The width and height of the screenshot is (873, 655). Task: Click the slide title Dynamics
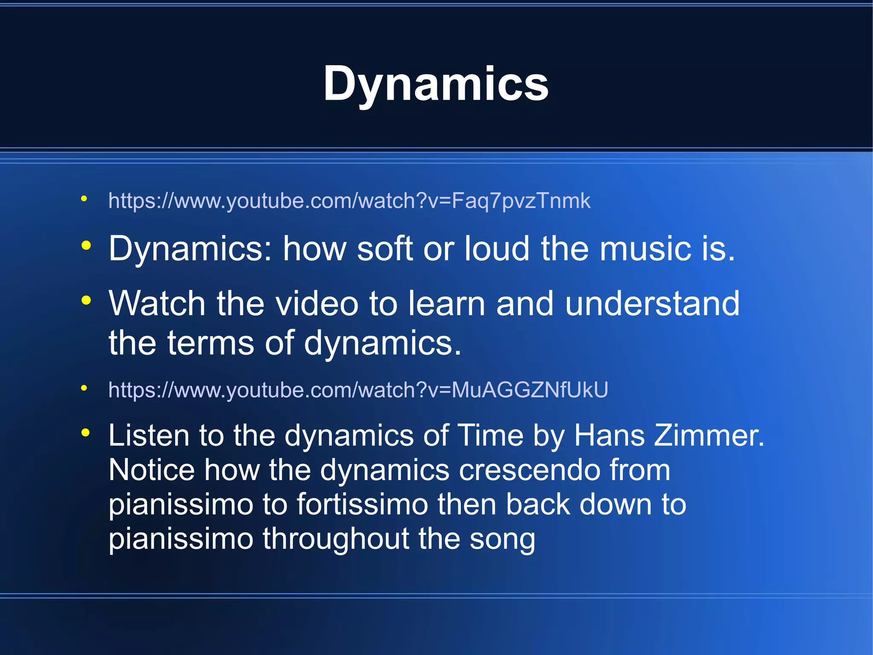point(436,84)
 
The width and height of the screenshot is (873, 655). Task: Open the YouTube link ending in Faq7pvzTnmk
point(350,201)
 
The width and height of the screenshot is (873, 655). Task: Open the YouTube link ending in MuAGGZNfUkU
point(358,390)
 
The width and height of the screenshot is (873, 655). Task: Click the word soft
point(384,249)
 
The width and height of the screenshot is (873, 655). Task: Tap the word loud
point(497,249)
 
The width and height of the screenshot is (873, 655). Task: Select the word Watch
point(157,303)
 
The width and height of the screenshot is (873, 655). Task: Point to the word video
point(317,303)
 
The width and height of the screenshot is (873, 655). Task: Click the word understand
point(652,303)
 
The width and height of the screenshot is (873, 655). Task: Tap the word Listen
point(149,436)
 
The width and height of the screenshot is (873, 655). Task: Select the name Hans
point(609,436)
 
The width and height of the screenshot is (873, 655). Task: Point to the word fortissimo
point(362,504)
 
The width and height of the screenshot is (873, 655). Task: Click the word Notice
point(152,470)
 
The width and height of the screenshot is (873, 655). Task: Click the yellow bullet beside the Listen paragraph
point(86,433)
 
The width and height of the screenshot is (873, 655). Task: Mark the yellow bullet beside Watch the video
point(86,300)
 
